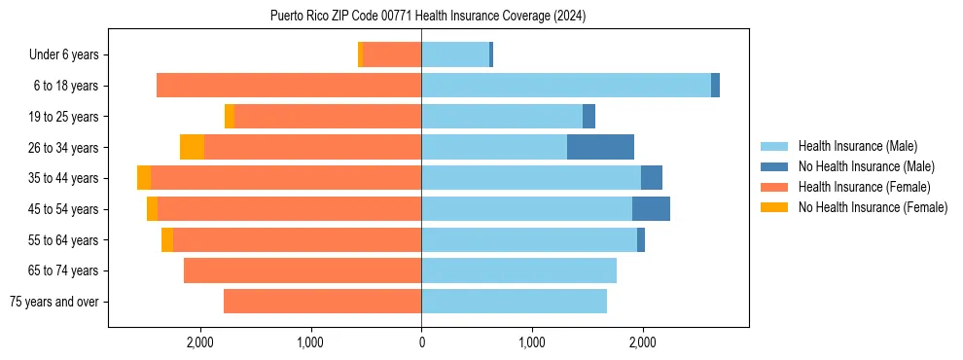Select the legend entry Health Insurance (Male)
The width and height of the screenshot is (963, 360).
click(857, 146)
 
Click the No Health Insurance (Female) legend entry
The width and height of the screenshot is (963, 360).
click(873, 207)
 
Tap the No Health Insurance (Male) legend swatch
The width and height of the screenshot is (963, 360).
click(774, 166)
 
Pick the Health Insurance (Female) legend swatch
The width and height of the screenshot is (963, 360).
click(774, 187)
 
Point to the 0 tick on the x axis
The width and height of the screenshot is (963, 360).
click(421, 342)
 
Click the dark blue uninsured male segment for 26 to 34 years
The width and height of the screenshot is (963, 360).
click(600, 147)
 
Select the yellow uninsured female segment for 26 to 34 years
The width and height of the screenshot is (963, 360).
click(192, 147)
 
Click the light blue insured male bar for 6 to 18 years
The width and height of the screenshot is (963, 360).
click(566, 86)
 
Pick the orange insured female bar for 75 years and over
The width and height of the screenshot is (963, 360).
click(322, 302)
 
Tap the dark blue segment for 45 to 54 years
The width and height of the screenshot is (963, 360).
click(651, 209)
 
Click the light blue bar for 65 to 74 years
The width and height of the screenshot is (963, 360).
click(518, 270)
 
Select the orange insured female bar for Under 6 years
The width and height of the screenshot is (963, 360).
click(392, 54)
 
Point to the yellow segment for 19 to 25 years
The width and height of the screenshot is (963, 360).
click(230, 117)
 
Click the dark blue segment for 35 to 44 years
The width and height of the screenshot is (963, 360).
click(652, 178)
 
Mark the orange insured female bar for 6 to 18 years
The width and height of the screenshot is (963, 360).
click(289, 86)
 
